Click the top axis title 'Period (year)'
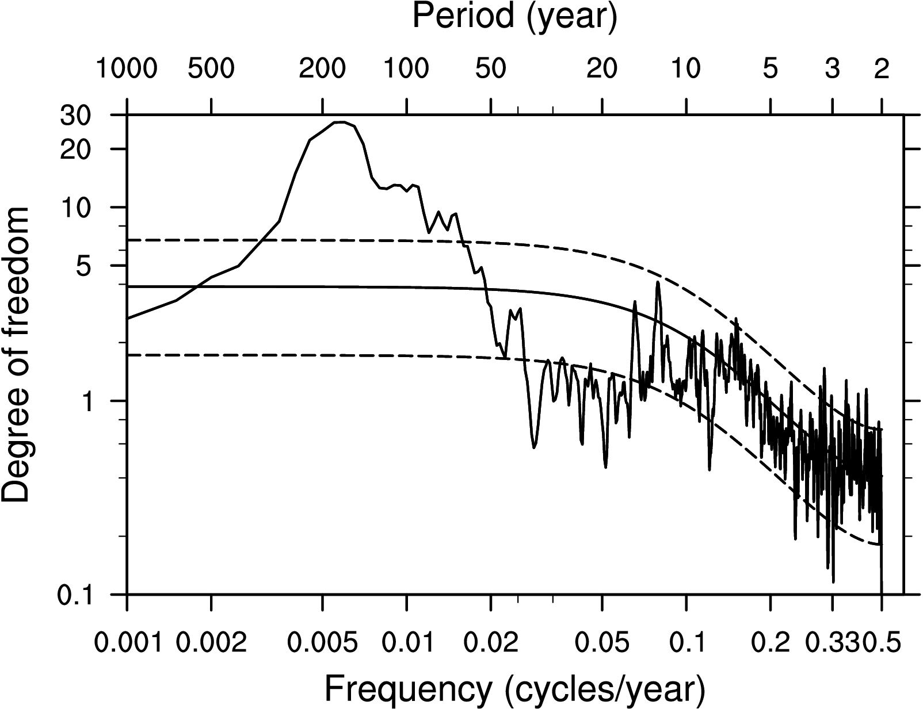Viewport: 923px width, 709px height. [514, 17]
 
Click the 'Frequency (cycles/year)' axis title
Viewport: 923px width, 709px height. [514, 688]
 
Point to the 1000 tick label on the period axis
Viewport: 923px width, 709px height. [126, 69]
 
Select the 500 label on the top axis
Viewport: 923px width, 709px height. [211, 69]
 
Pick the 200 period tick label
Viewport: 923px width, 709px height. [322, 69]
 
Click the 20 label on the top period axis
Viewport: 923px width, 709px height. [602, 69]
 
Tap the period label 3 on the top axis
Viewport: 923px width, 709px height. [832, 69]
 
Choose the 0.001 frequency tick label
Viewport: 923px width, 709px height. [127, 642]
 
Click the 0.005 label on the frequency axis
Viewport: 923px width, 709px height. [322, 642]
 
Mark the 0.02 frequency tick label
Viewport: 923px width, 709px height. [490, 642]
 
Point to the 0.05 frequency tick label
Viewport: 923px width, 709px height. [602, 642]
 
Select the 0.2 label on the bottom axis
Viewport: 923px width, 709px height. [770, 642]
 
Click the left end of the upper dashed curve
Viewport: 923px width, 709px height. [128, 239]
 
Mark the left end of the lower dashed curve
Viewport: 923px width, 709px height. [128, 355]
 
